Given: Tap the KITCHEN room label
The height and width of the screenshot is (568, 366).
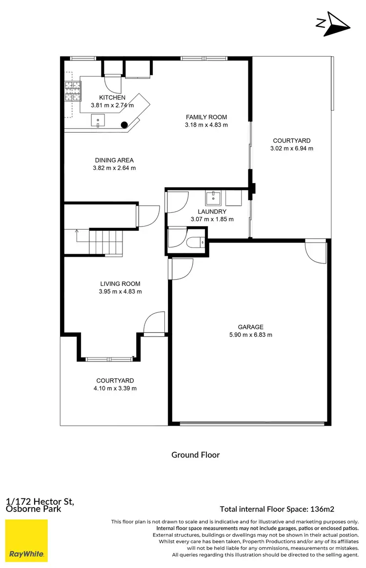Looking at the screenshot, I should pyautogui.click(x=112, y=98).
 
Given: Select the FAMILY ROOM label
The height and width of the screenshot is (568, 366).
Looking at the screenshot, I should pyautogui.click(x=206, y=117).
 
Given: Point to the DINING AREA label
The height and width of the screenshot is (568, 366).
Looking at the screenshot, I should pyautogui.click(x=113, y=160).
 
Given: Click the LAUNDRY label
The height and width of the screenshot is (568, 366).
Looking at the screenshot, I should pyautogui.click(x=212, y=212).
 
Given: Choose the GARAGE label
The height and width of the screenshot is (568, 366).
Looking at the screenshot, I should pyautogui.click(x=250, y=327).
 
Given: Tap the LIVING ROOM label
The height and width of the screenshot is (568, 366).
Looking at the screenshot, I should pyautogui.click(x=120, y=284).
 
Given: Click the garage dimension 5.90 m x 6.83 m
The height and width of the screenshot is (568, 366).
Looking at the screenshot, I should pyautogui.click(x=250, y=335).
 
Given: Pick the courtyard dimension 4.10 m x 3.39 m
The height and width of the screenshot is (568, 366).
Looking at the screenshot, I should pyautogui.click(x=115, y=388).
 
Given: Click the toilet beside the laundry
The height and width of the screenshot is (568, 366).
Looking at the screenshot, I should pyautogui.click(x=197, y=242).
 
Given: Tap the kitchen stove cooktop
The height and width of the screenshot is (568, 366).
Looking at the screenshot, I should pyautogui.click(x=72, y=90).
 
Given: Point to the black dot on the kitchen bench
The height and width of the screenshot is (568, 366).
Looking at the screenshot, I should pyautogui.click(x=124, y=124).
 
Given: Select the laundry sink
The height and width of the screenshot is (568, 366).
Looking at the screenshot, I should pyautogui.click(x=213, y=198).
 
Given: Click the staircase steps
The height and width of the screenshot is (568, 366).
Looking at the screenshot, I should pyautogui.click(x=105, y=242).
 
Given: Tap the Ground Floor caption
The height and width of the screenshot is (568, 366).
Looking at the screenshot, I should pyautogui.click(x=195, y=455).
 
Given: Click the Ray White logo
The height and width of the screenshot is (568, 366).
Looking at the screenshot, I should pyautogui.click(x=26, y=541).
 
